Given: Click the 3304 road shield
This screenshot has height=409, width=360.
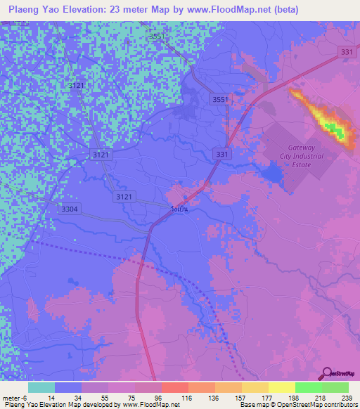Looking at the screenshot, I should (70, 208).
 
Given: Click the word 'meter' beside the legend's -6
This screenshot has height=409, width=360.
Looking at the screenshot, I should (12, 397).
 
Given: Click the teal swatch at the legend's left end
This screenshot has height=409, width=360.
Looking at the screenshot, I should (41, 387).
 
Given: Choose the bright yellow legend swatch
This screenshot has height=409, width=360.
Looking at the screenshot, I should (281, 387).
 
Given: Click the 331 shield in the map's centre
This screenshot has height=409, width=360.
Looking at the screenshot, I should (222, 153).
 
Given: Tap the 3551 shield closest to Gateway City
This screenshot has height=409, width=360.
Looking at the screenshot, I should (220, 100).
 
